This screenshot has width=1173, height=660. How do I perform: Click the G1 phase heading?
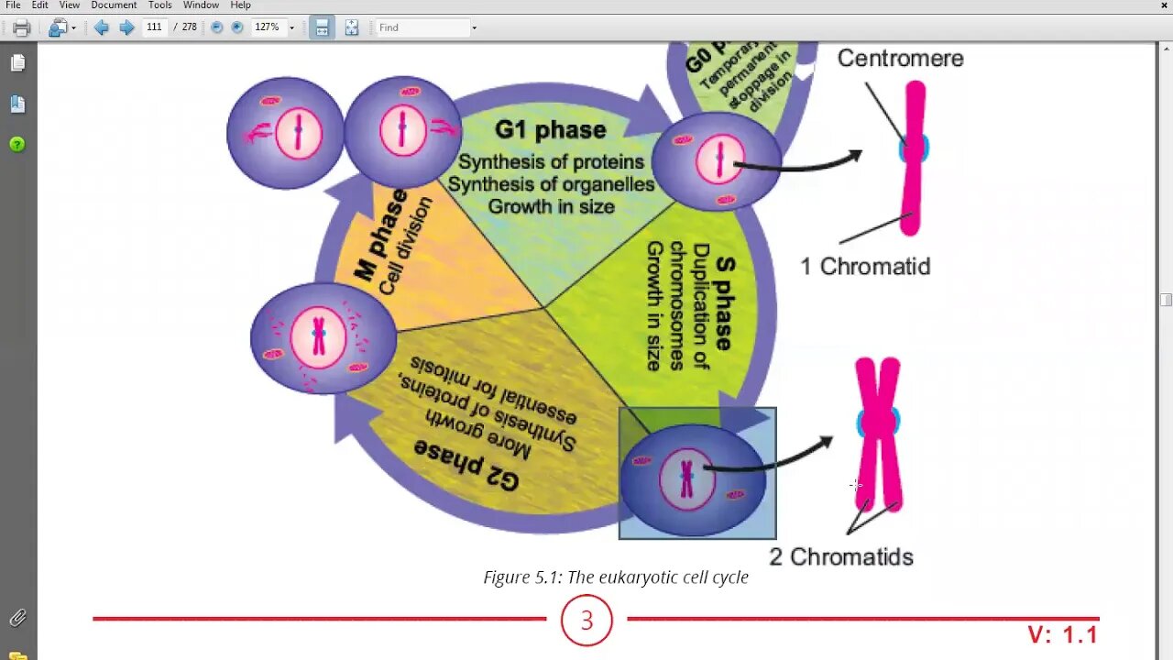tap(550, 130)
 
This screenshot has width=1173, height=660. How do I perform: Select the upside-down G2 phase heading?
tap(466, 463)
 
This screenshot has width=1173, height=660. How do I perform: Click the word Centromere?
tap(900, 59)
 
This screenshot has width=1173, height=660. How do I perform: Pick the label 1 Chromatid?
tap(865, 267)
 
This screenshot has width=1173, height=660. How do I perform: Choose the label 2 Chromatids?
tap(841, 556)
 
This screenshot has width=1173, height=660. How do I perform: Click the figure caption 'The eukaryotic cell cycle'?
tap(616, 577)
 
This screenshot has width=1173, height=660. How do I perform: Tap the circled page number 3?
tap(586, 621)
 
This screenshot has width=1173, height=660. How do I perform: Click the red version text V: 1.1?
tap(1062, 634)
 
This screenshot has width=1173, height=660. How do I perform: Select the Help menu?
tap(240, 5)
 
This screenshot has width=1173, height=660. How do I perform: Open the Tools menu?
tap(160, 5)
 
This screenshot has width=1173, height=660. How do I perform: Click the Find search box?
tap(422, 27)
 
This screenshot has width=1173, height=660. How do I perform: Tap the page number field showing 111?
tap(154, 27)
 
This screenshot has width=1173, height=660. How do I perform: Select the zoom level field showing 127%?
tap(267, 27)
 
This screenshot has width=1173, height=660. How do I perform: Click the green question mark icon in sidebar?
tap(17, 144)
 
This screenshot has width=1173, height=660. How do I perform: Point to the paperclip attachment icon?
tap(17, 618)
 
